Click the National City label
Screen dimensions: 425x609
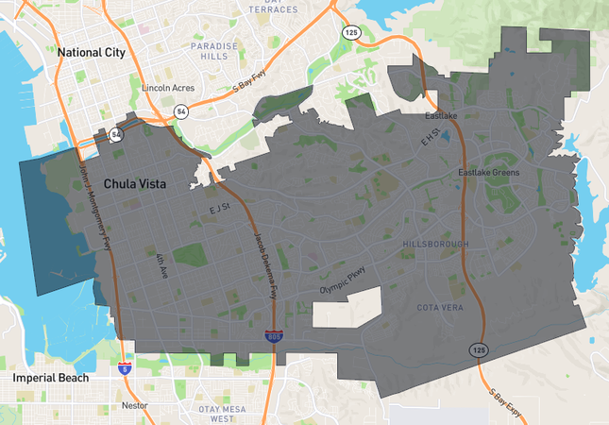[92, 53]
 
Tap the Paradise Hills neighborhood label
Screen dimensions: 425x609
[209, 51]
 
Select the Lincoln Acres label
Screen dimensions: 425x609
[167, 88]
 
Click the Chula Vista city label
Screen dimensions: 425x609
[134, 184]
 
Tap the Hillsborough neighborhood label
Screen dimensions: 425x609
[435, 244]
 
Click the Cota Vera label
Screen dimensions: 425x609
[439, 308]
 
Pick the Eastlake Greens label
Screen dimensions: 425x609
[489, 173]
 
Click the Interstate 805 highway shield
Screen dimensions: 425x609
[270, 335]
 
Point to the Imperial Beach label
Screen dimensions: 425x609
[51, 378]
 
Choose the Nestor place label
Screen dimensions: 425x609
[135, 405]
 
